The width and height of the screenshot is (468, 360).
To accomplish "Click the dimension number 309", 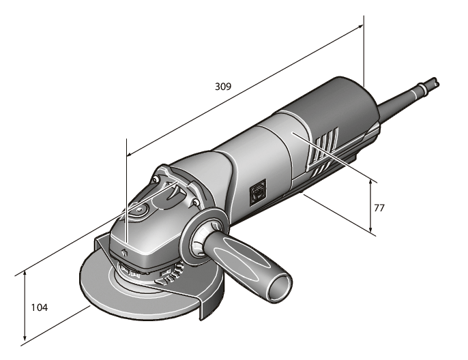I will (222, 87).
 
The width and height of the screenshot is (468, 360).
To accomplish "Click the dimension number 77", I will (379, 207).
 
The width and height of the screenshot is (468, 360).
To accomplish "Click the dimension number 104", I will (40, 307).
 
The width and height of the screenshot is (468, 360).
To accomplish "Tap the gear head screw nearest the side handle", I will (196, 202).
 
